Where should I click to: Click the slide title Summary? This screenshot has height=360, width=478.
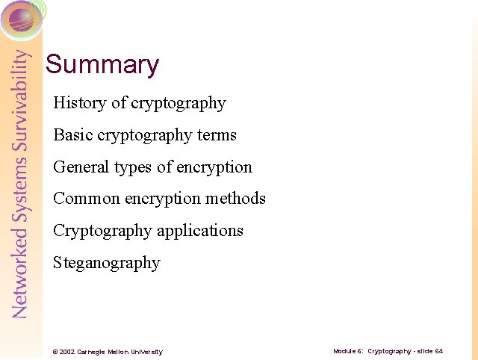[102, 65]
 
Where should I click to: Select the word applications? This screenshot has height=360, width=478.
[199, 231]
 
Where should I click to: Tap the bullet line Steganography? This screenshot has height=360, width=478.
[107, 263]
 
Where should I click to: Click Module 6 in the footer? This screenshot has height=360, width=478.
[348, 351]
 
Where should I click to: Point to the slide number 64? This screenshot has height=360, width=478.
[439, 351]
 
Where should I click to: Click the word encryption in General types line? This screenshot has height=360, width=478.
[215, 167]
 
